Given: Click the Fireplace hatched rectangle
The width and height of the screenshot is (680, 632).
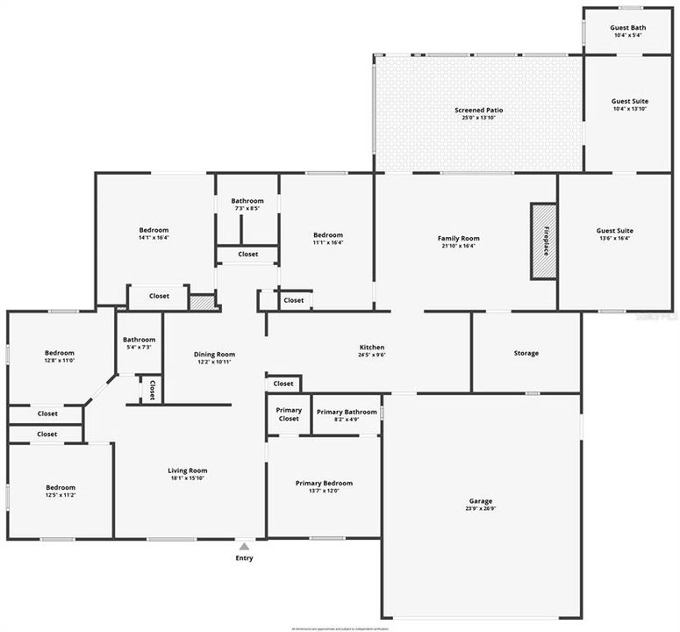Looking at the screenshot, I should [x=544, y=241].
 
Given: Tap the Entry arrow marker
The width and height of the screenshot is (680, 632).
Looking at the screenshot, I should [x=244, y=547].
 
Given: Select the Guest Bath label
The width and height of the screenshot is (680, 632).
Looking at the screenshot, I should [x=627, y=27].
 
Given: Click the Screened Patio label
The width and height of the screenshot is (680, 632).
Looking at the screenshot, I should [x=478, y=110].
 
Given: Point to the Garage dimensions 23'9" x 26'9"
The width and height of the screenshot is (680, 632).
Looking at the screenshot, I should [x=481, y=508].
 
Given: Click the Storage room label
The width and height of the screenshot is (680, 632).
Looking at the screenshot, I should [x=526, y=353].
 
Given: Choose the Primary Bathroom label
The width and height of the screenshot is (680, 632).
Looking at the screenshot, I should [x=347, y=411].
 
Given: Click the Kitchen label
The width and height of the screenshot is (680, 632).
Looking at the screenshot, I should [x=372, y=348].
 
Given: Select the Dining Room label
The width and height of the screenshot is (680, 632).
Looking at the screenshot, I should [x=214, y=355].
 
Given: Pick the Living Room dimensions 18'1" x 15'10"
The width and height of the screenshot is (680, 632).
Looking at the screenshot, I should [x=188, y=478].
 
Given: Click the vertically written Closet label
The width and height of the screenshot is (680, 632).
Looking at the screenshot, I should [x=152, y=390].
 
